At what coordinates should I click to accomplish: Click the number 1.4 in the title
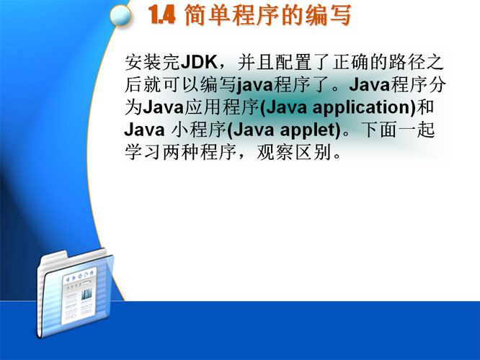(162, 15)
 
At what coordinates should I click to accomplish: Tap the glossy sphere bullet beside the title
(120, 15)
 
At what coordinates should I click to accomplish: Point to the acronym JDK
(199, 62)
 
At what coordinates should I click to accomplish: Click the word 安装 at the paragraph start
(143, 62)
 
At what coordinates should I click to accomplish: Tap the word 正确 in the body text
(350, 62)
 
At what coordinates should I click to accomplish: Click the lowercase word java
(255, 85)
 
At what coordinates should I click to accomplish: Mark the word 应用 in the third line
(203, 107)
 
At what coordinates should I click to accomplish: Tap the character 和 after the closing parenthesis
(425, 107)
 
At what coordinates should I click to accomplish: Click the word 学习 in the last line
(143, 153)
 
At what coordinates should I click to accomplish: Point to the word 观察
(275, 153)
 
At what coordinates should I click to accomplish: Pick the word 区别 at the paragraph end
(313, 153)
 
